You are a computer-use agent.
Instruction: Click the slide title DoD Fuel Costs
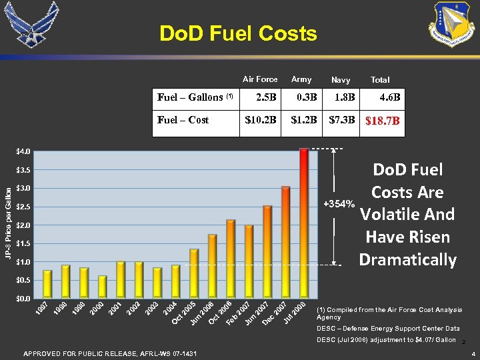point(238,33)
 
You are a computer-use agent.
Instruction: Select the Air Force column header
point(260,79)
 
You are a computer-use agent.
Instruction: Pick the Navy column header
point(341,80)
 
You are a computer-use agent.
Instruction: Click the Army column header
point(301,79)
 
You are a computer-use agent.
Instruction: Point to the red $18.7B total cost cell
point(382,121)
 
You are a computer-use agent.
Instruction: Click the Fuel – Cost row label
point(183,120)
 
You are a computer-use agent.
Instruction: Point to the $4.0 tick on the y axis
point(23,151)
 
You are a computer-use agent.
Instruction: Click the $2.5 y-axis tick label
point(23,207)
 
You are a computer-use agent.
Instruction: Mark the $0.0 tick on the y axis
point(23,298)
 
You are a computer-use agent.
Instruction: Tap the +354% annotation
point(339,203)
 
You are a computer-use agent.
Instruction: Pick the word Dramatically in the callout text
point(407,259)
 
